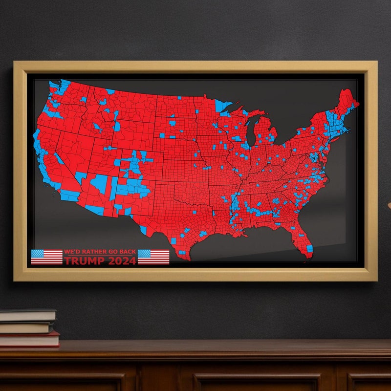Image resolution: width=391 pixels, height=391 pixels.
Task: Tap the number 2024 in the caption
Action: (x=122, y=261)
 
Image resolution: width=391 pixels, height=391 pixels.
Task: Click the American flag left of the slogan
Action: (x=46, y=257)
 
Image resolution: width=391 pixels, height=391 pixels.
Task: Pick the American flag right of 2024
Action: (x=153, y=257)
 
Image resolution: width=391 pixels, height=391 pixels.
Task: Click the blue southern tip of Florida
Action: (x=309, y=250)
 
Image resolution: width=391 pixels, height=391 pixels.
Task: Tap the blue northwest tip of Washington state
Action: (x=52, y=84)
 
